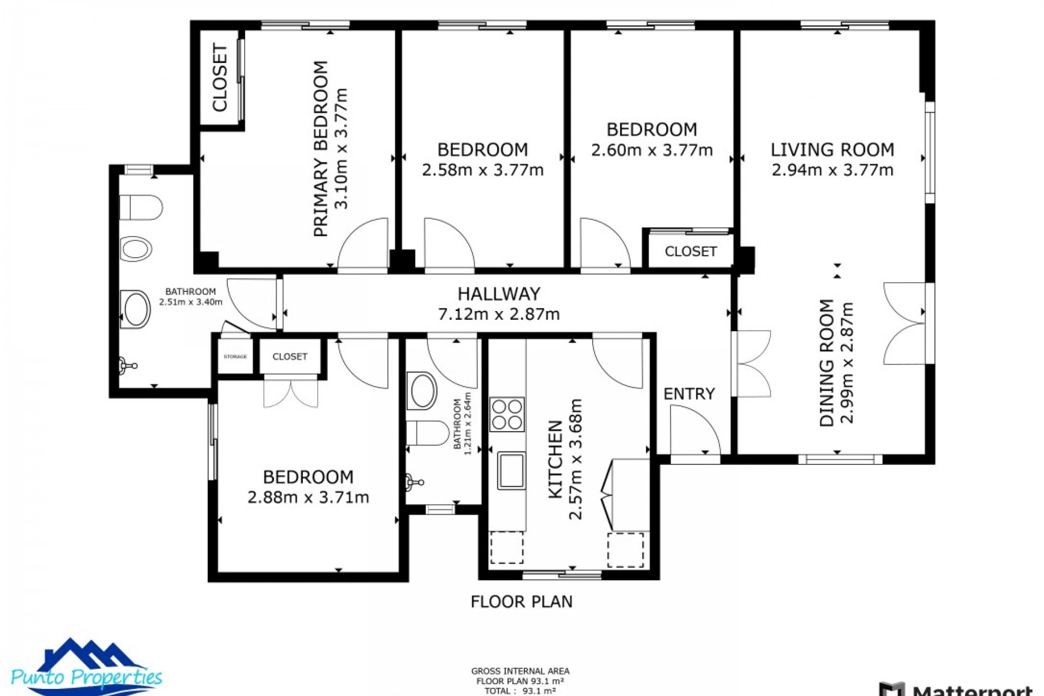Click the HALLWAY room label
point(499,294)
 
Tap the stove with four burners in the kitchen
point(507,414)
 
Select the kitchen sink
point(511,470)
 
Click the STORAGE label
point(235,357)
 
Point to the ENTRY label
point(689,394)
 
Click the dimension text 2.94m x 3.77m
point(832,170)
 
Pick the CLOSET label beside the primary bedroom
point(220,78)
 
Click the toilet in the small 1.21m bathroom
point(427,433)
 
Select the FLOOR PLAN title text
point(521,602)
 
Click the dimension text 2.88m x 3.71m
point(308,498)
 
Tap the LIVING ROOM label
point(832,150)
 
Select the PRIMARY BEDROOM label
point(321,148)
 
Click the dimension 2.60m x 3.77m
point(651,150)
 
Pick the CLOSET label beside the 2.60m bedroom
point(691,252)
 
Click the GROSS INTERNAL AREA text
point(520,671)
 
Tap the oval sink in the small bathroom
point(422,390)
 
